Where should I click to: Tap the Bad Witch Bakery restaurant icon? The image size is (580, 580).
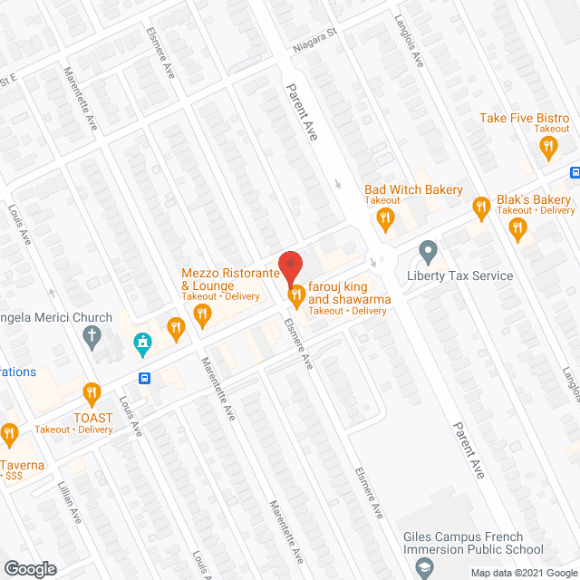click(386, 217)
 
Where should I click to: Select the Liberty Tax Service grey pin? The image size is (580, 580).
click(428, 248)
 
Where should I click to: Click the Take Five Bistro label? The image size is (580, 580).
click(524, 119)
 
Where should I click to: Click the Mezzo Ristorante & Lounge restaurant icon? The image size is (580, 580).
click(202, 314)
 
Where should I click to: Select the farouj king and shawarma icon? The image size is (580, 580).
click(295, 294)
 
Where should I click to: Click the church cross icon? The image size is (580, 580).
click(91, 338)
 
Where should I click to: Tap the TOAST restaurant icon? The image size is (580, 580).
click(91, 392)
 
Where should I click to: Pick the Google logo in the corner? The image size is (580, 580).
click(29, 569)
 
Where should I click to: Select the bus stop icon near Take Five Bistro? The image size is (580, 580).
click(574, 172)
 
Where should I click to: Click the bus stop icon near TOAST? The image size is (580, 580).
click(143, 377)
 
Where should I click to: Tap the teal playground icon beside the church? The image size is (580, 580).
click(141, 343)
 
